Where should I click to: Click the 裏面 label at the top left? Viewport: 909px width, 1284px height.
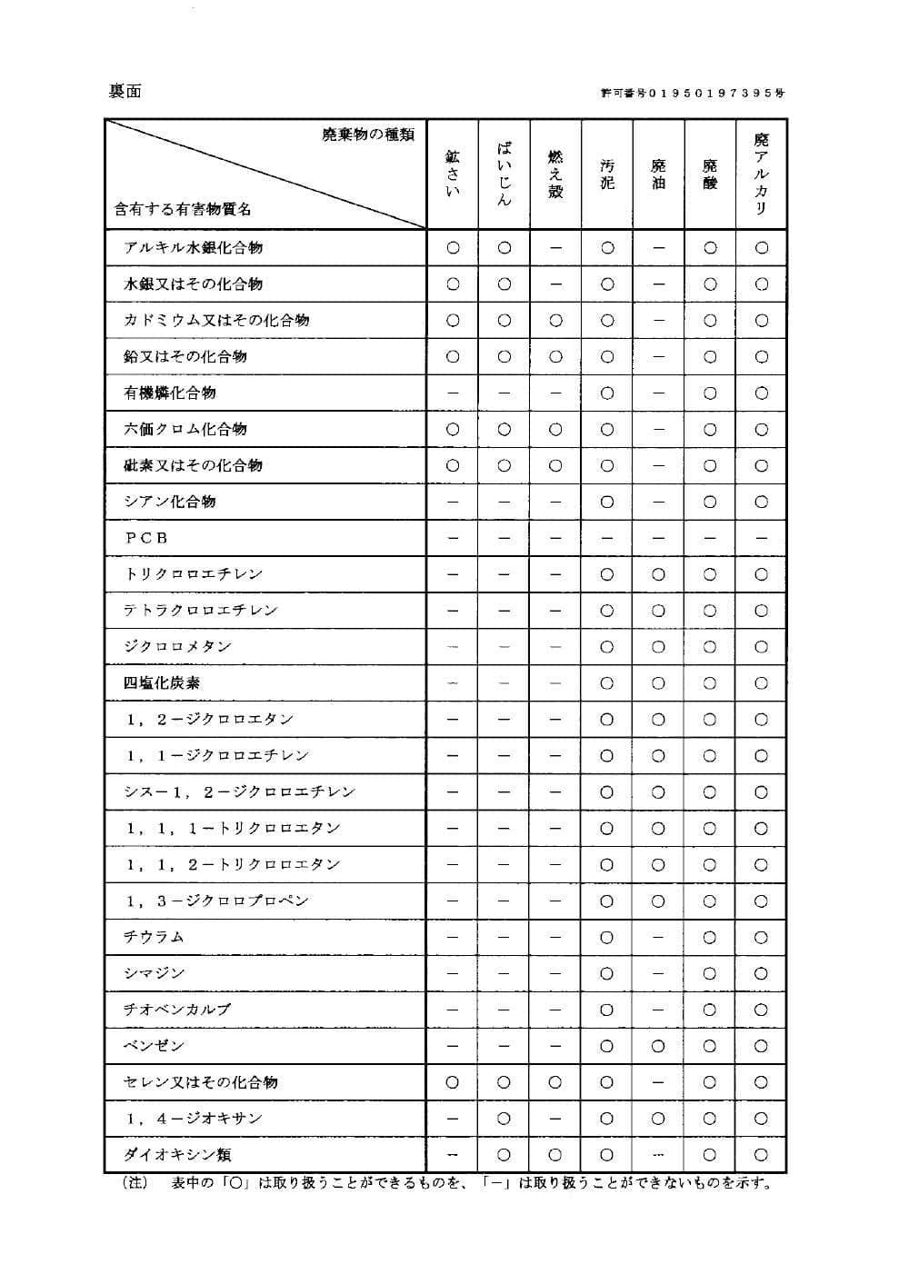pyautogui.click(x=125, y=91)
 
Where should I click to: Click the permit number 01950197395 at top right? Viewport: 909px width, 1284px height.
pyautogui.click(x=693, y=93)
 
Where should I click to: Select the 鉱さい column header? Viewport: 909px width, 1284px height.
pyautogui.click(x=453, y=174)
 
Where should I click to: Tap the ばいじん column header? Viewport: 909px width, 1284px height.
pyautogui.click(x=504, y=174)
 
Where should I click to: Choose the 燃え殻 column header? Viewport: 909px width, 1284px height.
pyautogui.click(x=555, y=174)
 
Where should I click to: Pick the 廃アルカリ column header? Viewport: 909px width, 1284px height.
pyautogui.click(x=762, y=174)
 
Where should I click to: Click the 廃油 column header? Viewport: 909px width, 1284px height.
pyautogui.click(x=659, y=174)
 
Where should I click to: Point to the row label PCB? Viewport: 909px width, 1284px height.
pyautogui.click(x=146, y=538)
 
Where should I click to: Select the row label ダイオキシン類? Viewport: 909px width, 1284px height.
pyautogui.click(x=177, y=1155)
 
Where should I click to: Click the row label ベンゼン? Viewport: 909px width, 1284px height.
pyautogui.click(x=154, y=1046)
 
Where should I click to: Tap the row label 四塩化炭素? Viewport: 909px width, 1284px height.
pyautogui.click(x=162, y=683)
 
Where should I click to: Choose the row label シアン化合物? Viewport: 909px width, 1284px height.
pyautogui.click(x=170, y=502)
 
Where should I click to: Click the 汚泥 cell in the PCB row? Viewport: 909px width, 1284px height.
pyautogui.click(x=607, y=538)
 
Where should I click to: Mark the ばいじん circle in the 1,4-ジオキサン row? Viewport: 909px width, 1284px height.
pyautogui.click(x=504, y=1119)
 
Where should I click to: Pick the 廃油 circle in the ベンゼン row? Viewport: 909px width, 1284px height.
pyautogui.click(x=659, y=1046)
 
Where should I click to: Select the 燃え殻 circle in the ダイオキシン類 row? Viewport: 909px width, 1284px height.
pyautogui.click(x=555, y=1155)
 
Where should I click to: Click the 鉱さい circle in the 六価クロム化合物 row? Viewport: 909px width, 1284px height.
pyautogui.click(x=453, y=429)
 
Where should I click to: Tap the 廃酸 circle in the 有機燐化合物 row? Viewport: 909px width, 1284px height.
pyautogui.click(x=710, y=393)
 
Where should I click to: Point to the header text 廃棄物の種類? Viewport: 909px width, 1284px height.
pyautogui.click(x=368, y=135)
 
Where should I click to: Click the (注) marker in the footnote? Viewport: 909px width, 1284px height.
pyautogui.click(x=135, y=1183)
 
